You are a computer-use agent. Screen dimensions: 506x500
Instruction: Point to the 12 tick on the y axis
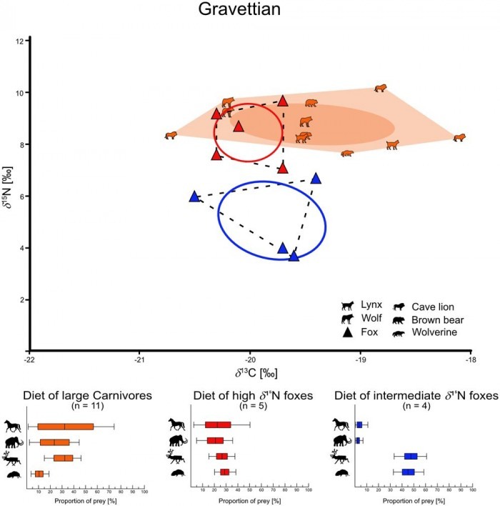point(22,41)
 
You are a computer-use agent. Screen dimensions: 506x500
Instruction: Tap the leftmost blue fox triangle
point(194,197)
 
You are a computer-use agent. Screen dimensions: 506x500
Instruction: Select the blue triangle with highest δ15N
point(316,179)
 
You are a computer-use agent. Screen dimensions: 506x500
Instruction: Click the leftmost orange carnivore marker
point(171,135)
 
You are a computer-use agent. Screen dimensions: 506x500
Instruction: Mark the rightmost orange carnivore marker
point(459,137)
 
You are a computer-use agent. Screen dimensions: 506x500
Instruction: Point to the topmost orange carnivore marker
point(381,89)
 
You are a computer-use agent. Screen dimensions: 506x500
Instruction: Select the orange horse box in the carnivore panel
point(65,427)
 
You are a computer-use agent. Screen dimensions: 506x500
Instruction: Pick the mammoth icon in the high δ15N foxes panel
point(176,440)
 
